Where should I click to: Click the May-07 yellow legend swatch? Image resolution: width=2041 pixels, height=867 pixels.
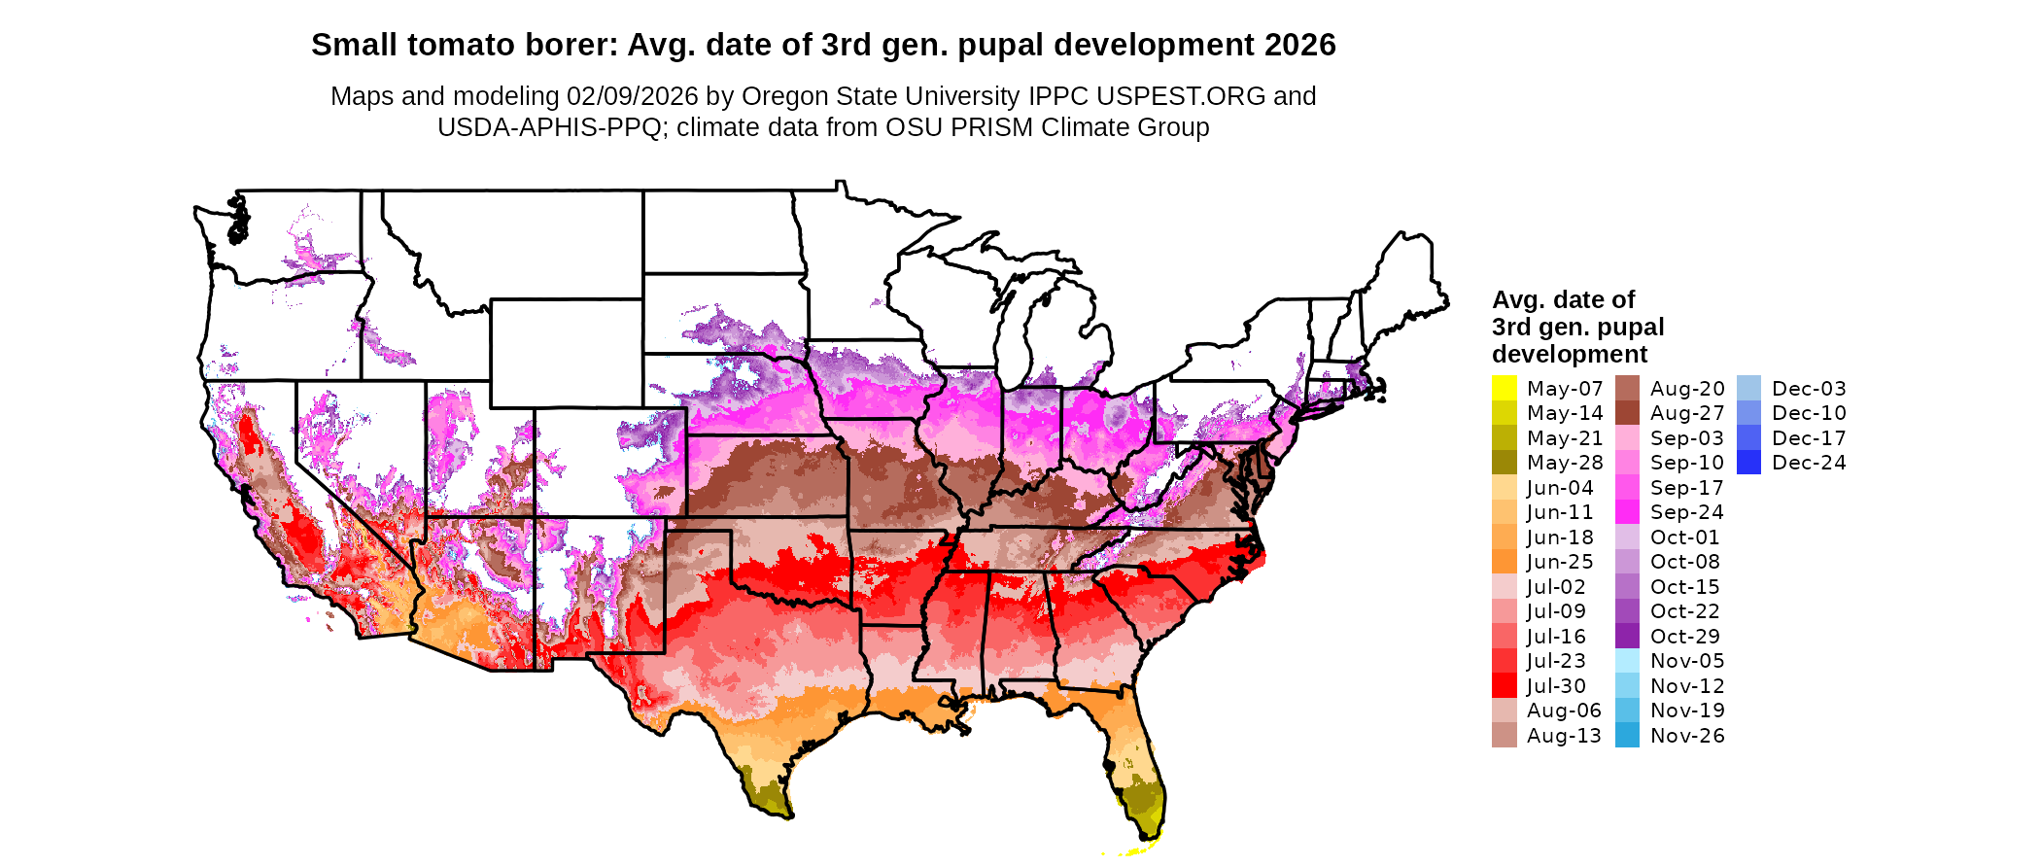[1504, 388]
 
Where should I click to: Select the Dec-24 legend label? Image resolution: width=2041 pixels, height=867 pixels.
[1808, 463]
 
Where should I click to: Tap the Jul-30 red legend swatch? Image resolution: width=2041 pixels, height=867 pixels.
[1504, 685]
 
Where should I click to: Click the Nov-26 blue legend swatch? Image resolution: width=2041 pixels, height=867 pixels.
[1627, 736]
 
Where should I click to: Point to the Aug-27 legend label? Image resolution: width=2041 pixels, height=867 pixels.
[1686, 413]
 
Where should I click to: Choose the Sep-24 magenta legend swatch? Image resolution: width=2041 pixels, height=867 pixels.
[1627, 512]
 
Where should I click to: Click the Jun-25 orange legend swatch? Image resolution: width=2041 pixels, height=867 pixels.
[1504, 562]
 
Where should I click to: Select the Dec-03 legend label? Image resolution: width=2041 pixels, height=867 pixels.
[1808, 389]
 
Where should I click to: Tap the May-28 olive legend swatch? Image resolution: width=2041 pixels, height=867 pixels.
[1504, 463]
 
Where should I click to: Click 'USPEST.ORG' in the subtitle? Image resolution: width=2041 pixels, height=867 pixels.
[1181, 96]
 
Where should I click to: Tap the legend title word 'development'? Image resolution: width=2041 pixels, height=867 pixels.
[1570, 354]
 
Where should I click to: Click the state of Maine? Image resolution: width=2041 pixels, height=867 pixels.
[1404, 282]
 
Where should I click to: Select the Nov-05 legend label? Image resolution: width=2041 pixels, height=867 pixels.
[1686, 661]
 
